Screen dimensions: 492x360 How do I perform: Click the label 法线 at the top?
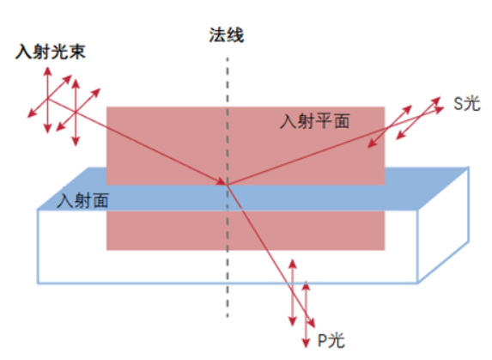pos(227,35)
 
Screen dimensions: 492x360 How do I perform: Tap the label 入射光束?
pos(51,52)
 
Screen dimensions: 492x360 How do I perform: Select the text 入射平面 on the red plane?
pos(315,121)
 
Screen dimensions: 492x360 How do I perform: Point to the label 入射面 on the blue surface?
pos(82,200)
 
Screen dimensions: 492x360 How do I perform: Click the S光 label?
pos(467,103)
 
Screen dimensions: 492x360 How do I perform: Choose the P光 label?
pos(331,340)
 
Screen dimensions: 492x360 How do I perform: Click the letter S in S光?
pos(459,104)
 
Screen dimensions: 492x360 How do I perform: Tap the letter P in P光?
pos(322,340)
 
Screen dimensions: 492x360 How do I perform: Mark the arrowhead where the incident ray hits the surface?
pos(222,182)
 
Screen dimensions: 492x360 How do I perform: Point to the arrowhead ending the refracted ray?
pos(312,323)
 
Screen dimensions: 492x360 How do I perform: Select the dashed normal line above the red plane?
pos(228,82)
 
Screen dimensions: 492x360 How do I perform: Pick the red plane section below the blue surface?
pos(246,230)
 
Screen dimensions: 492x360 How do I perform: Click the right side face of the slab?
pos(443,225)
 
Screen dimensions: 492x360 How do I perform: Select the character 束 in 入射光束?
pos(77,52)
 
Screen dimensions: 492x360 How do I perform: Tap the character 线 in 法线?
pos(235,35)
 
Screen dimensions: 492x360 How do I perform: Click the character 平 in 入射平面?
pos(324,121)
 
